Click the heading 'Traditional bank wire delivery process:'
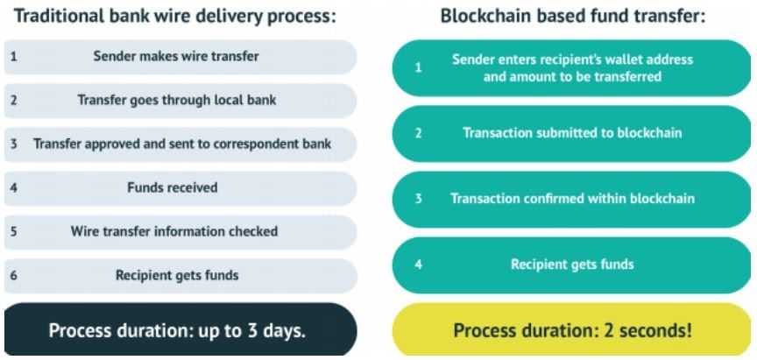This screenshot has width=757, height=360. tap(174, 17)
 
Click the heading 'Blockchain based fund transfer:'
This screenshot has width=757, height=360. tap(573, 17)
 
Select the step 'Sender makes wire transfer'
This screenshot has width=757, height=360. tap(180, 57)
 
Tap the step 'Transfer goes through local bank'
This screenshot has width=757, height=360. tap(180, 101)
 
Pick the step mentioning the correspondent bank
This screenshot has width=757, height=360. tap(180, 145)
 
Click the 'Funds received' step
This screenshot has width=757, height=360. tap(180, 188)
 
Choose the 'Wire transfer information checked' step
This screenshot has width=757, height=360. tap(180, 232)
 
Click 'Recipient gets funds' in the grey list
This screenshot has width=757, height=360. tap(180, 276)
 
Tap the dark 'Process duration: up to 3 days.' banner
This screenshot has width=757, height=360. tap(180, 329)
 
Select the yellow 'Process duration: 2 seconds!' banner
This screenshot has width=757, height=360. tap(571, 330)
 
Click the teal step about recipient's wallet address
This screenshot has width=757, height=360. tap(571, 68)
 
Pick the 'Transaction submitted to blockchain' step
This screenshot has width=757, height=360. tap(571, 134)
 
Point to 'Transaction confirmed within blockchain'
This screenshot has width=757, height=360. tap(571, 200)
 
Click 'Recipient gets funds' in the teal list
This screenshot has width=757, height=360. tap(571, 265)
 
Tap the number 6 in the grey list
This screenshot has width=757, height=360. tap(13, 276)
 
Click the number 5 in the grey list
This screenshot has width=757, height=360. tap(13, 232)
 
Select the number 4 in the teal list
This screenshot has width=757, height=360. tap(419, 265)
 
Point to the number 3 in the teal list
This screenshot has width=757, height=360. tap(419, 200)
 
